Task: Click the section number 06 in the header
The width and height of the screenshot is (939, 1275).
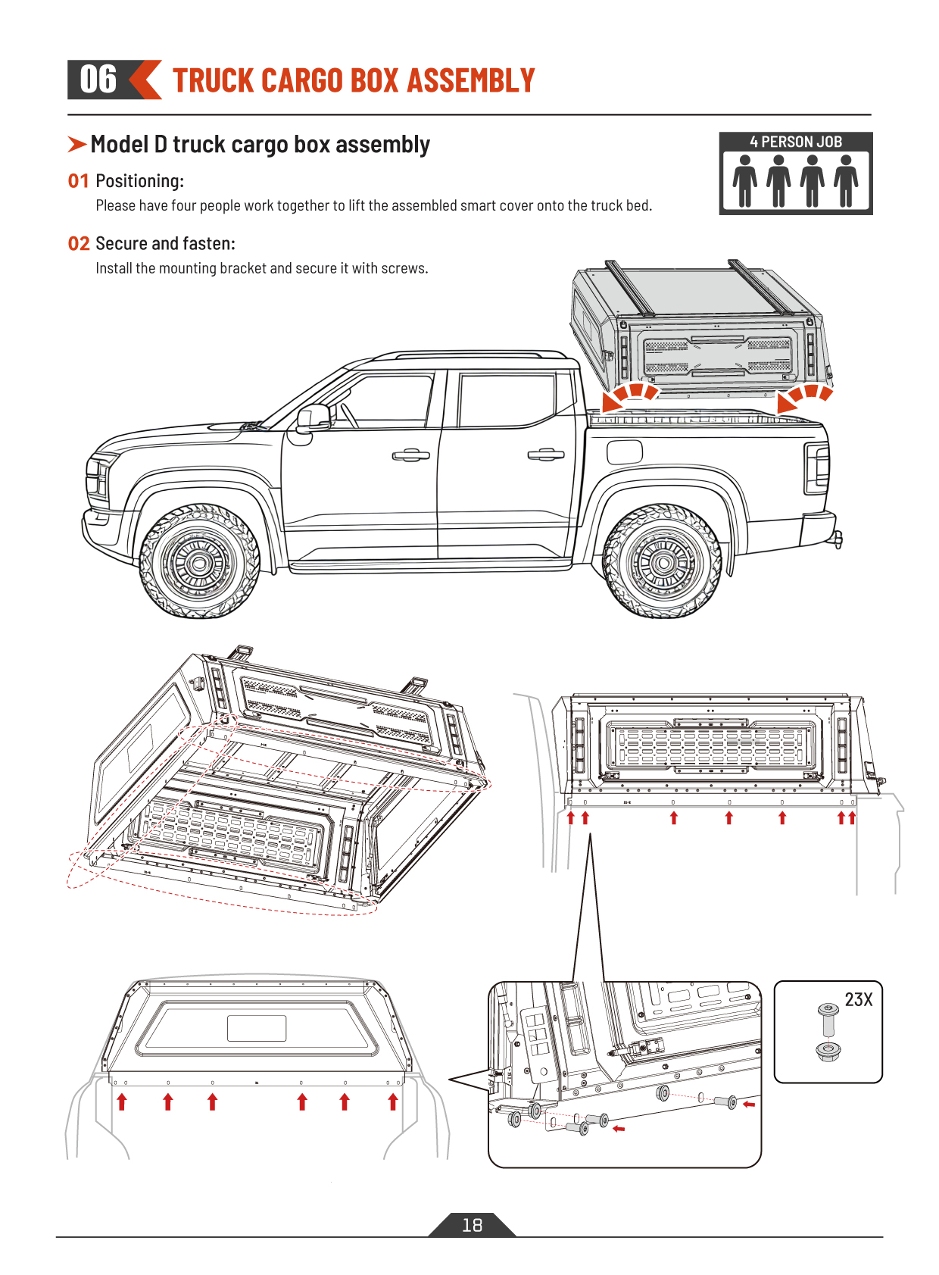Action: point(98,80)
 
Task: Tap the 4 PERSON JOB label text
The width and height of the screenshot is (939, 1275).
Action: point(796,142)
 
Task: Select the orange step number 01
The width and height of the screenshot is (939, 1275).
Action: point(78,181)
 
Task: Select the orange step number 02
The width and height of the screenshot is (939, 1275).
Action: point(78,244)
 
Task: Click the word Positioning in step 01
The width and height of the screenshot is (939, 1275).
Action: point(139,181)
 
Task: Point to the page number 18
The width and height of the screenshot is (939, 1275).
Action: point(472,1225)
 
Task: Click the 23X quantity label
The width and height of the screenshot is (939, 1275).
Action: point(858,1000)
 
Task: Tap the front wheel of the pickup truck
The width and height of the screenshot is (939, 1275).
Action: point(199,562)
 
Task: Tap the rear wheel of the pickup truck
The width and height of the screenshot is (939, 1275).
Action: point(663,562)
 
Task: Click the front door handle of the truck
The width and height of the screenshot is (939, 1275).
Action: point(410,455)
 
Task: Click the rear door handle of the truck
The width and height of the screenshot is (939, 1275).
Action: point(546,454)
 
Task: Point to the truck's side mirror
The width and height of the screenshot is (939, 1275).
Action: point(312,419)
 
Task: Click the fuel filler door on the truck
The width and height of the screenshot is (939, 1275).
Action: point(625,452)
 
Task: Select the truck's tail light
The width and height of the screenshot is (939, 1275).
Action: point(817,467)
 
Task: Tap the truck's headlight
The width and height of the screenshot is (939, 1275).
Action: point(97,476)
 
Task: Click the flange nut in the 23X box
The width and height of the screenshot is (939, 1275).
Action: point(828,1051)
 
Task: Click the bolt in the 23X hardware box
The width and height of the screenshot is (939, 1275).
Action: point(828,1019)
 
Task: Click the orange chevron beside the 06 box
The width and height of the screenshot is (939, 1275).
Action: point(145,80)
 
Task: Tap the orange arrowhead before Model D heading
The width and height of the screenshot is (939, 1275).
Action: point(76,144)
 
